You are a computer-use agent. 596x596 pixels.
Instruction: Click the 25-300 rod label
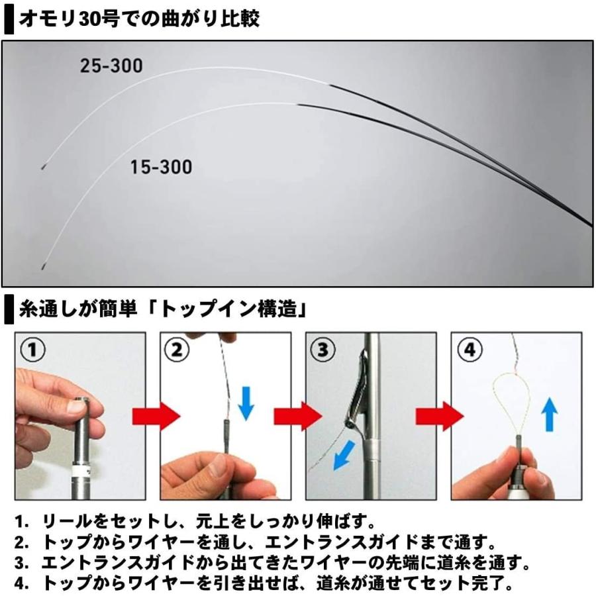[111, 66]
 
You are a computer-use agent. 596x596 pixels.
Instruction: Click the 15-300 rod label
[160, 166]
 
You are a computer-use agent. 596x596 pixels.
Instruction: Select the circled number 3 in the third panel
[323, 349]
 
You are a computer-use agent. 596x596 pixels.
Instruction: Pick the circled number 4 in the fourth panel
[469, 349]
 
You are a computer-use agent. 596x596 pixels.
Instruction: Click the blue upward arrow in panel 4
[550, 414]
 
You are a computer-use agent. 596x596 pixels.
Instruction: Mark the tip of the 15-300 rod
[42, 267]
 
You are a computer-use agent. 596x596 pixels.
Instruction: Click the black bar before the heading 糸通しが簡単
[9, 309]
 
